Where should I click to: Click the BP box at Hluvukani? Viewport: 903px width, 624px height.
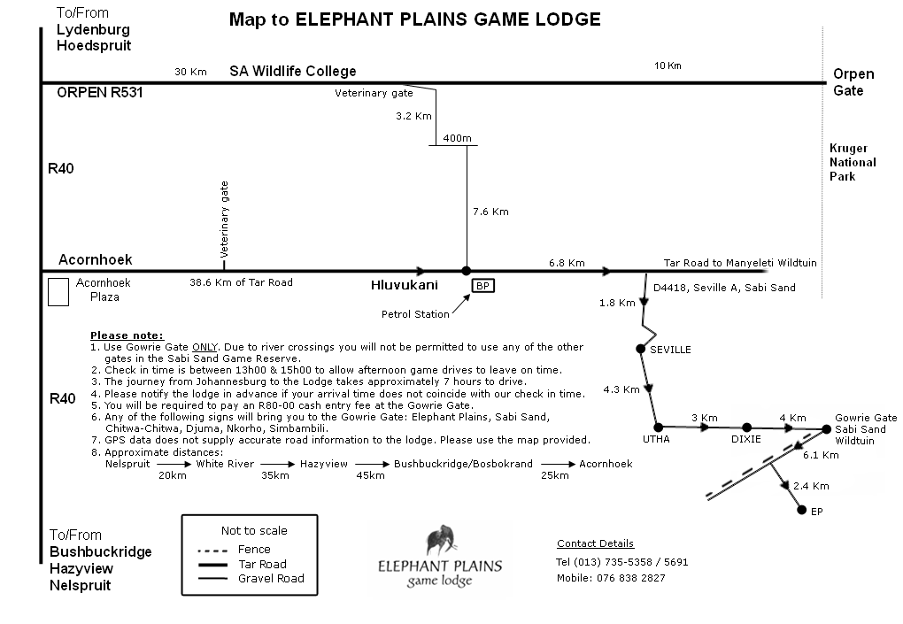482,285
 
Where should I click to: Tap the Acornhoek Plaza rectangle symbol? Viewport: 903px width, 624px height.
58,292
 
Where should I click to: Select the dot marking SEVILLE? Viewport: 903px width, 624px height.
641,349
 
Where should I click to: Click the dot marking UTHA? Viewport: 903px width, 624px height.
658,427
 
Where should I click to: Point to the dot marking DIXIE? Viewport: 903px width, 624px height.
746,427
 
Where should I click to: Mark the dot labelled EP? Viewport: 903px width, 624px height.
801,511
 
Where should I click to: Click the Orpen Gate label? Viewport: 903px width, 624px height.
853,82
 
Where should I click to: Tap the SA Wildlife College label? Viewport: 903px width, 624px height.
292,71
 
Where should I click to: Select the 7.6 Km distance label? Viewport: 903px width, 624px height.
491,212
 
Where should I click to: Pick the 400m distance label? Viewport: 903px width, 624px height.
458,138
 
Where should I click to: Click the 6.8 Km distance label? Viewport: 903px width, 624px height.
567,263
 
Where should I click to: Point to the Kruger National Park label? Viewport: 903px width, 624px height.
853,162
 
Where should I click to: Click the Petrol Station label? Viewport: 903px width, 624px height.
415,314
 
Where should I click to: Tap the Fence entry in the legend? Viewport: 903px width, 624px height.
254,550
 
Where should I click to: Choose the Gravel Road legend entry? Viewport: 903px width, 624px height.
270,579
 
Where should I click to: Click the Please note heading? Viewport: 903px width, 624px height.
127,335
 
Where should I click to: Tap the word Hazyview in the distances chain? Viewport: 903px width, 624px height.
328,464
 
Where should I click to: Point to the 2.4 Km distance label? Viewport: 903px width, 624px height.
811,486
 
